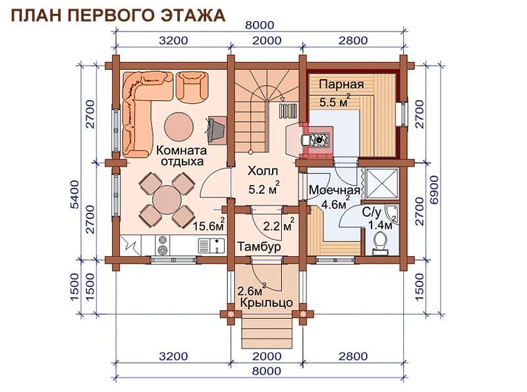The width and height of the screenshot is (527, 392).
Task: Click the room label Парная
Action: coord(341,84)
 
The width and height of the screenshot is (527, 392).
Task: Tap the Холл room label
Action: coord(263,171)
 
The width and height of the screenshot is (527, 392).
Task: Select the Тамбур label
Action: coord(259,247)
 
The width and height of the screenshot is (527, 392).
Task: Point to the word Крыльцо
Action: coord(267,302)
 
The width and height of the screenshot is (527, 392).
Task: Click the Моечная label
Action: coord(335,190)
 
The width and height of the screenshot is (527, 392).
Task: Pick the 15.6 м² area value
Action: coord(208,225)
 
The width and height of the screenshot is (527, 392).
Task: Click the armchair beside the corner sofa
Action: coord(192,86)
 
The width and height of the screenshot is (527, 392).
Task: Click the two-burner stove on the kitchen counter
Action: coord(163,244)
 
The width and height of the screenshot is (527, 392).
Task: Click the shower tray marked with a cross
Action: coord(381,183)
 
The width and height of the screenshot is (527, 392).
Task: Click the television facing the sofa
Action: coord(216,130)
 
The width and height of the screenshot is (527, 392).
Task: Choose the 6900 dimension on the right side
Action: coord(434,190)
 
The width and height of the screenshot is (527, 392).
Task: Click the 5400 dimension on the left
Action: coord(74,194)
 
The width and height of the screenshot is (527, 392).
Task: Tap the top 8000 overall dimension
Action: coord(260,25)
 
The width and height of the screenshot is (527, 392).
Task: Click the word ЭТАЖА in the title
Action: coord(192,15)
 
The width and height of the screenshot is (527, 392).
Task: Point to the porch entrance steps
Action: coord(267,333)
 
